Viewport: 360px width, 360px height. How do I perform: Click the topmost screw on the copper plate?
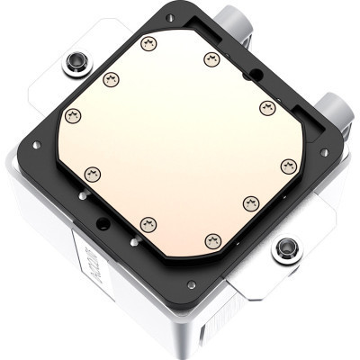149,43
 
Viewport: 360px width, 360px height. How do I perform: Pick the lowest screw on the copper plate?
213,239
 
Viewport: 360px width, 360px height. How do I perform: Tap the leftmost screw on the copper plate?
73,115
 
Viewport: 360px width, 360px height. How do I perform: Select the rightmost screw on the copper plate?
289,166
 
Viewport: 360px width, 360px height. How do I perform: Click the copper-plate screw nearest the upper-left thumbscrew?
111,79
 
